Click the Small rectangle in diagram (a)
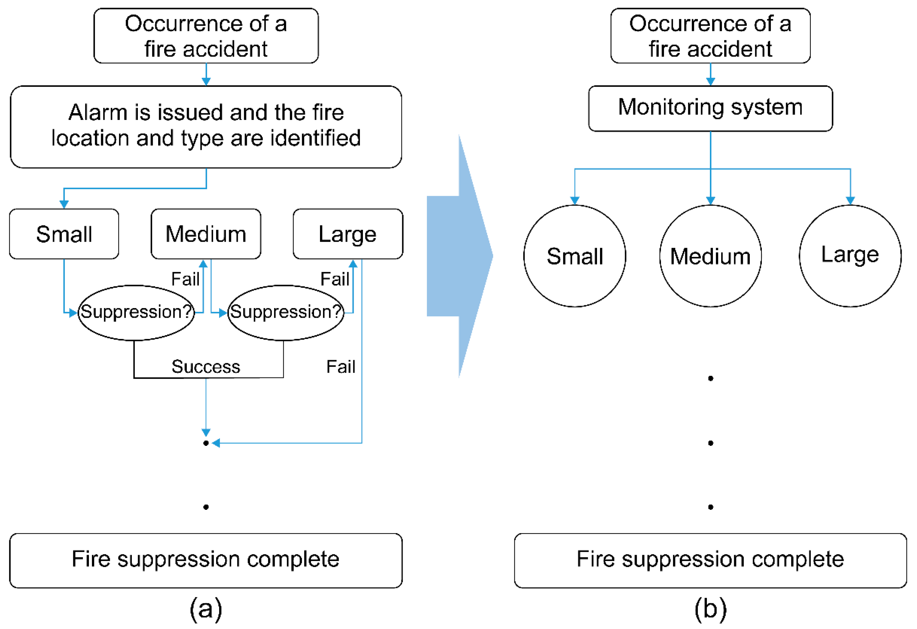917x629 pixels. pos(64,234)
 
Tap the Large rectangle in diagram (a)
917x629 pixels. pos(348,234)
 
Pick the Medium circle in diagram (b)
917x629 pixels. pos(710,256)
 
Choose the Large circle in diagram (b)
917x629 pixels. pos(850,256)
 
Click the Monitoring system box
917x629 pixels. pos(710,108)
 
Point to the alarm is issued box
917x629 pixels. pos(206,127)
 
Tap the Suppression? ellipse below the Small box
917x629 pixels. pos(136,313)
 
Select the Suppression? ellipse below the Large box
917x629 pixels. pos(286,313)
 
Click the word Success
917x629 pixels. pos(205,367)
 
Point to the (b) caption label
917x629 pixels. pos(710,609)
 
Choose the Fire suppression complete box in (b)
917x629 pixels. pos(710,560)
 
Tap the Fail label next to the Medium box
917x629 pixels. pos(185,279)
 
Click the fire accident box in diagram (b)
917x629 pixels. pos(710,36)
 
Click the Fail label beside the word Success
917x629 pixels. pos(341,367)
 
